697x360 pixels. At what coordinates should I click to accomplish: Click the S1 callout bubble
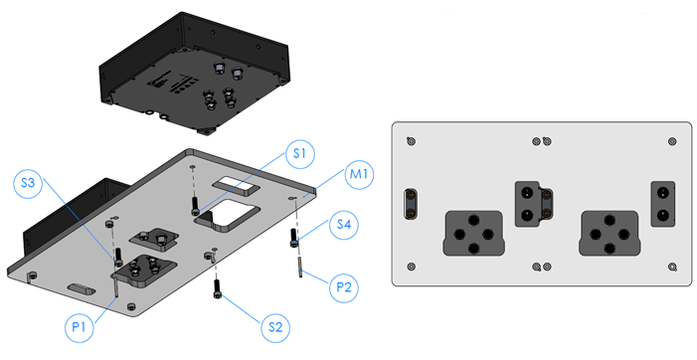(300, 154)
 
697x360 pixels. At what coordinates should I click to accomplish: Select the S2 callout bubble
(275, 327)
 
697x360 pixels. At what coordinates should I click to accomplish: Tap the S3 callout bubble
(28, 182)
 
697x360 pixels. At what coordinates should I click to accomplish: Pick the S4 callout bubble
(344, 225)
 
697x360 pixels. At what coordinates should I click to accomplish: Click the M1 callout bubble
(359, 174)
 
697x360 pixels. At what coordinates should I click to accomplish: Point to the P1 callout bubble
(79, 327)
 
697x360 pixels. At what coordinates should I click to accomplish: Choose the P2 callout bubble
(344, 287)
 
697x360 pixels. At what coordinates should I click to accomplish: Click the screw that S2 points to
(218, 288)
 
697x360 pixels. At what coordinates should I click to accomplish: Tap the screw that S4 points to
(293, 238)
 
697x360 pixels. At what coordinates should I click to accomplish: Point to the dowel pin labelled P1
(115, 285)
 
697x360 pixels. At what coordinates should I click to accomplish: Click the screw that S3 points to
(118, 258)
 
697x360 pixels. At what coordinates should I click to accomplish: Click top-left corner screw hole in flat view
(412, 141)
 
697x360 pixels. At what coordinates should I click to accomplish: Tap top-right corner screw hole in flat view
(672, 141)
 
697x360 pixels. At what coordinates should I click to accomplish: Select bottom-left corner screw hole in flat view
(412, 267)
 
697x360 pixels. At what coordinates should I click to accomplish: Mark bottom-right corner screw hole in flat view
(672, 267)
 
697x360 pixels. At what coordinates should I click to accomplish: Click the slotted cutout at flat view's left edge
(411, 204)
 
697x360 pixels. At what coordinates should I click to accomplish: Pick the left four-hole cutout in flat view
(474, 234)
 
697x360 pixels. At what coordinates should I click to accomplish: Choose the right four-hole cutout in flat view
(610, 234)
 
